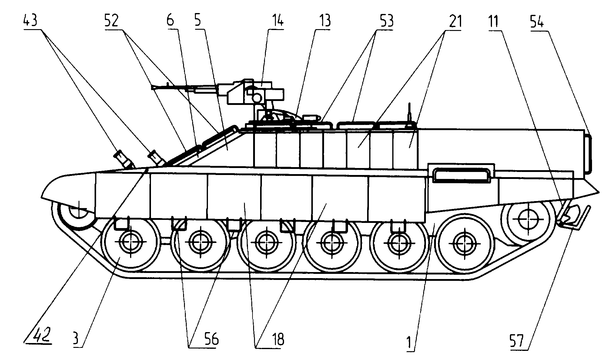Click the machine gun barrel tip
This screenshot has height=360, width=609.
[x=152, y=87]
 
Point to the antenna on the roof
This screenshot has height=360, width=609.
[x=410, y=114]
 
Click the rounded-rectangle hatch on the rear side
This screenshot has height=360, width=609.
[x=461, y=176]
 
